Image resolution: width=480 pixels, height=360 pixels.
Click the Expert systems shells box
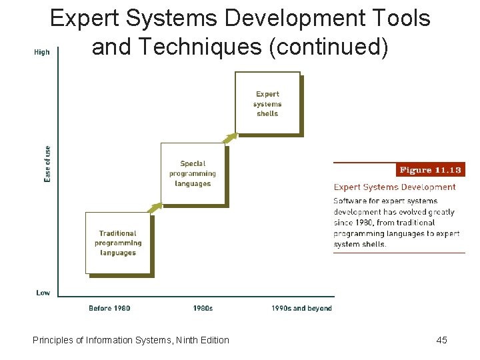[x=267, y=103]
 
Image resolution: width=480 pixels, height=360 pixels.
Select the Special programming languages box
[x=193, y=173]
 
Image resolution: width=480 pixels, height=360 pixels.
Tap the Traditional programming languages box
[x=118, y=243]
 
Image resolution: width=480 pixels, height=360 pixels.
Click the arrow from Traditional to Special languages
[x=155, y=208]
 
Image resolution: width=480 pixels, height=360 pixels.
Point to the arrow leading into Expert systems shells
[x=229, y=138]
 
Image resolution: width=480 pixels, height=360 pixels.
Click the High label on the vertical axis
[x=41, y=52]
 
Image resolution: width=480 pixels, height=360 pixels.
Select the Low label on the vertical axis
[x=43, y=292]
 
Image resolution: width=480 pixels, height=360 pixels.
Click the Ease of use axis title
[x=47, y=164]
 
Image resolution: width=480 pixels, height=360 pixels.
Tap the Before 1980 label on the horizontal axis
[x=109, y=308]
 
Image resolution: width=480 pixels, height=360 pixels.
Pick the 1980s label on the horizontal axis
[x=203, y=308]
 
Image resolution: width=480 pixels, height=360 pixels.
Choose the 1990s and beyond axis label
[x=301, y=308]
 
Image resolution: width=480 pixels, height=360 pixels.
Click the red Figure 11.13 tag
[x=431, y=170]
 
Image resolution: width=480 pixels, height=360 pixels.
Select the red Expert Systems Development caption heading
[x=395, y=187]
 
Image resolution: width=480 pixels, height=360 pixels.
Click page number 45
[x=441, y=340]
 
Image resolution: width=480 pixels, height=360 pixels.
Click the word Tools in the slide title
[x=401, y=19]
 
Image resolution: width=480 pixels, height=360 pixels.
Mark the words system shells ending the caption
[x=360, y=244]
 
